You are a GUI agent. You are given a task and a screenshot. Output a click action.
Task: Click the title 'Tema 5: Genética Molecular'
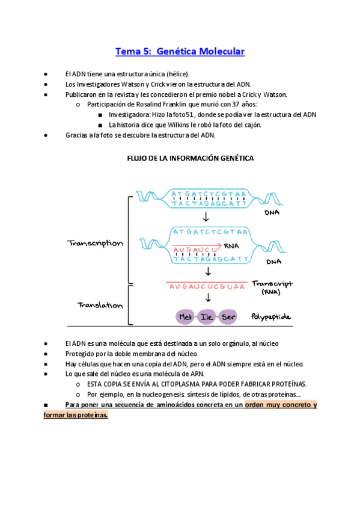tap(180, 52)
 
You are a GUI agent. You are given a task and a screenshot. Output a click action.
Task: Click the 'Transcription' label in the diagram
tap(95, 244)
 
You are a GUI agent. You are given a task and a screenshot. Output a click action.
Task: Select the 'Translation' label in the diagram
tap(100, 305)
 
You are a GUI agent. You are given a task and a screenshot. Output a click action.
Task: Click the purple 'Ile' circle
tap(207, 316)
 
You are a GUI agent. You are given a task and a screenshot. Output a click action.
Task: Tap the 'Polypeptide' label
tap(271, 316)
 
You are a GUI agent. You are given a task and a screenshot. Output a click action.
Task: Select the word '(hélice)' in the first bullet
tap(178, 73)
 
